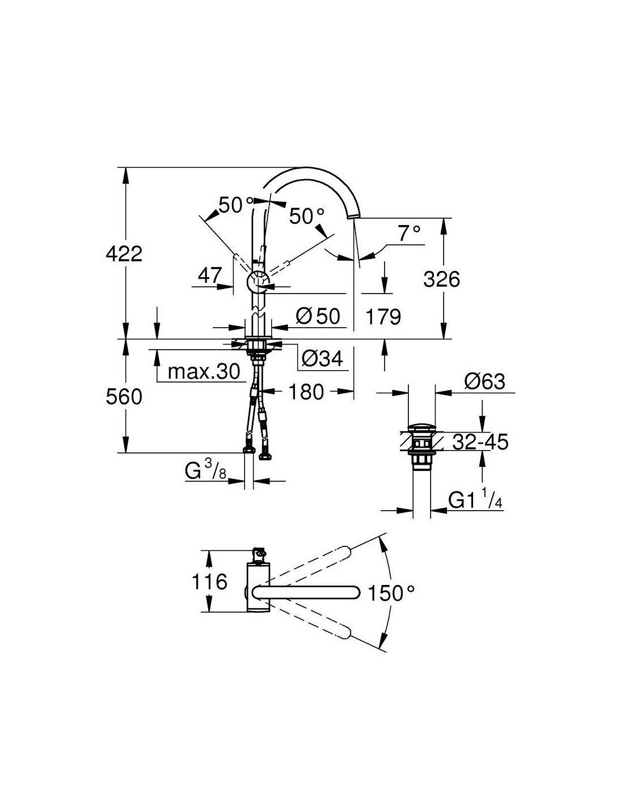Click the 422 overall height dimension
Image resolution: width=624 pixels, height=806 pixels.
124,254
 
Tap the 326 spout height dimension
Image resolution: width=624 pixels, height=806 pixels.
441,279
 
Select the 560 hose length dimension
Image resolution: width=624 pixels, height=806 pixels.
124,397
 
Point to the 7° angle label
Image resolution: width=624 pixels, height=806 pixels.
409,234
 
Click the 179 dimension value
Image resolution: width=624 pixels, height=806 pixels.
383,317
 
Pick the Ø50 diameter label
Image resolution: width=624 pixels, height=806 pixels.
318,316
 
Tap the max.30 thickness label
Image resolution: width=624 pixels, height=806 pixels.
204,372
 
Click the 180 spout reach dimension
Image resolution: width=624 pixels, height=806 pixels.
306,392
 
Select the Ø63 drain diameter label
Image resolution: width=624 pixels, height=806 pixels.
484,381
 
